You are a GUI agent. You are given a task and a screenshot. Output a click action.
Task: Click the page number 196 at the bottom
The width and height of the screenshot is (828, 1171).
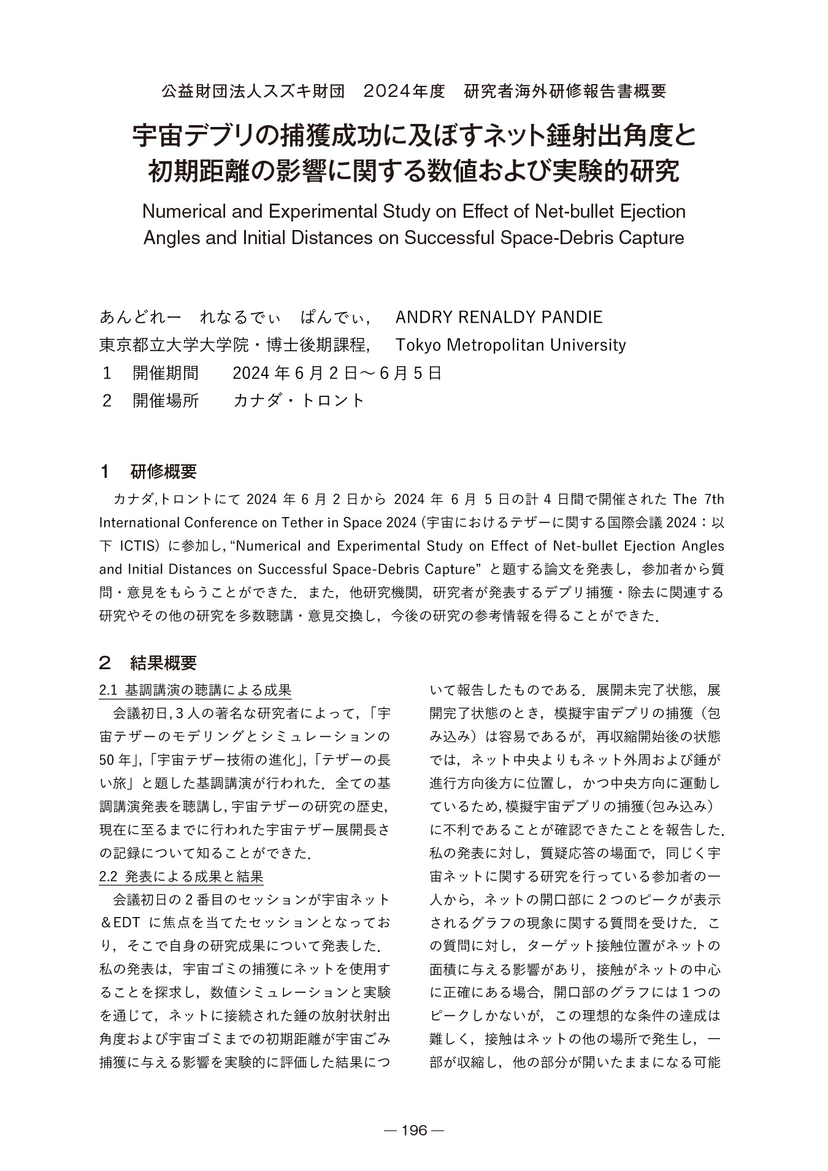pos(413,1131)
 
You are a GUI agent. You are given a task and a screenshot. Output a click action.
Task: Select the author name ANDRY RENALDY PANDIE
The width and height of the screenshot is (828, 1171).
pos(499,317)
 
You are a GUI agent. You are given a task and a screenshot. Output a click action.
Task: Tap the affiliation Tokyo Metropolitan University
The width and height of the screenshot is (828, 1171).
pos(511,345)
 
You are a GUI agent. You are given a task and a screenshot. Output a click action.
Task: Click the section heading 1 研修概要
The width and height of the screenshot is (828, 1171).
pos(150,472)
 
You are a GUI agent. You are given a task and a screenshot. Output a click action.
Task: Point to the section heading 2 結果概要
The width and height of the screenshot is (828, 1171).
pos(150,662)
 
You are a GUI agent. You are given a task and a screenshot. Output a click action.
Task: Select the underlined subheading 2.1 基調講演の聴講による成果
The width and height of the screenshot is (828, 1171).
pos(195,690)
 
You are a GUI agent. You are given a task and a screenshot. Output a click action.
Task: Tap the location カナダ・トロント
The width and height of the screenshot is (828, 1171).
pos(299,401)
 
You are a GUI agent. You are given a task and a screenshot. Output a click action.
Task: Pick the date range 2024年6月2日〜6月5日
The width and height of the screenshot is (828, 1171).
pos(337,373)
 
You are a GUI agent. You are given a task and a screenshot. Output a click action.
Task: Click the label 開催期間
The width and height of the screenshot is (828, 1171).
pos(166,373)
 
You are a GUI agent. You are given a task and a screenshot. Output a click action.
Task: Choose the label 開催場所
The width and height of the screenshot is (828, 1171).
pos(166,401)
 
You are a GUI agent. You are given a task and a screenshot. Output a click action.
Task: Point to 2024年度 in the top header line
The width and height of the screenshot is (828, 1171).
pos(404,91)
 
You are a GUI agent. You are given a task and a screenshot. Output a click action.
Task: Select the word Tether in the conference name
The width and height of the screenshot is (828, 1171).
pos(324,523)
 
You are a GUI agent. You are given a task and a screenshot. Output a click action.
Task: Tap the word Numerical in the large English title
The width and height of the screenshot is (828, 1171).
pos(185,212)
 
